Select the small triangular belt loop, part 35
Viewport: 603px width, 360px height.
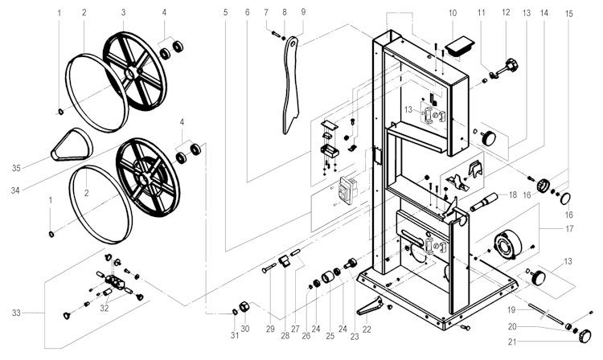71,145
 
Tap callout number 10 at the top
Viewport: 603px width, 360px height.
452,13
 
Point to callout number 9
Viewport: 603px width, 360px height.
303,13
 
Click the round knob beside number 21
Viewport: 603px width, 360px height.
590,333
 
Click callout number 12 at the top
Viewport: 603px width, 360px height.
505,13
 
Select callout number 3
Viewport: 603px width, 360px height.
123,13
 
